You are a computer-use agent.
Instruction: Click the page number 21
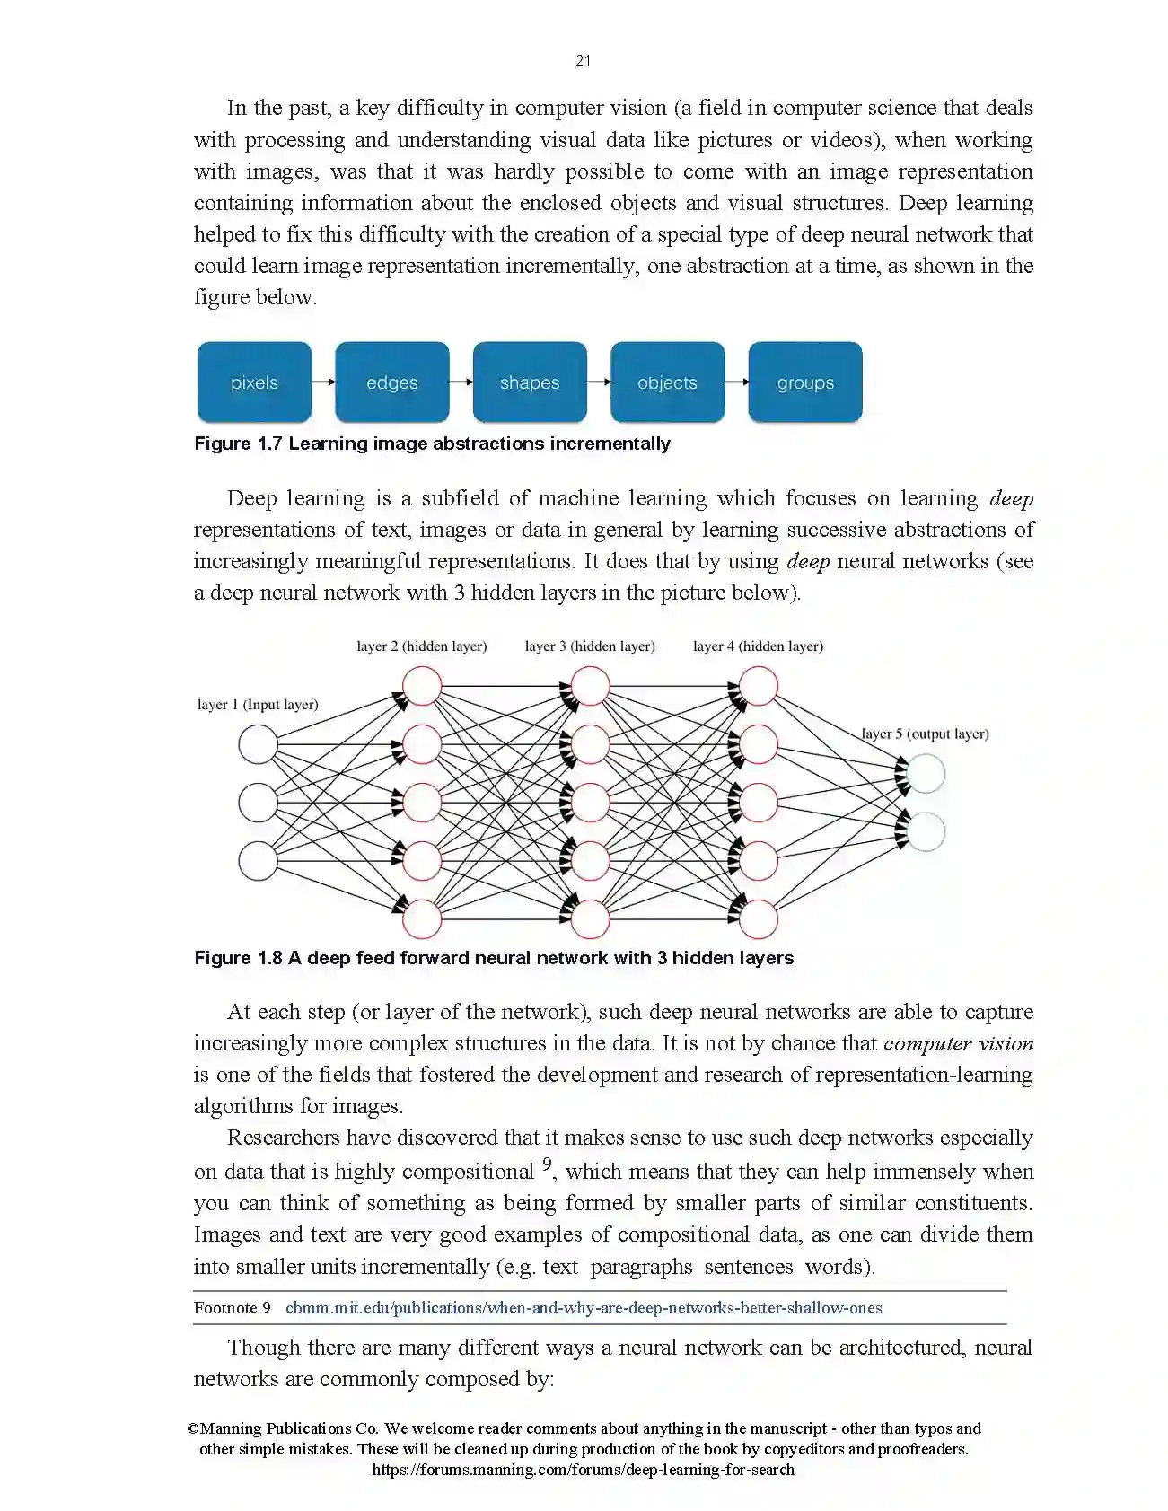(x=584, y=60)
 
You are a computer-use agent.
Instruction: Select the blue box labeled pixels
(x=254, y=382)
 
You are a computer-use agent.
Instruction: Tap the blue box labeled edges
(x=392, y=382)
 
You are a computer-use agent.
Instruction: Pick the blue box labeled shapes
(x=530, y=382)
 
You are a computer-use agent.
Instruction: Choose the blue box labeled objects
(x=667, y=382)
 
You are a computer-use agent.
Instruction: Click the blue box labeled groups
(x=805, y=382)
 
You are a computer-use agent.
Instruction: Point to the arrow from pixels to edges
(x=323, y=382)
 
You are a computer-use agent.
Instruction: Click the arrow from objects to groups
(x=736, y=382)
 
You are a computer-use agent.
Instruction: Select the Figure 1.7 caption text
(x=432, y=444)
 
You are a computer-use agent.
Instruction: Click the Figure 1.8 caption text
(x=494, y=958)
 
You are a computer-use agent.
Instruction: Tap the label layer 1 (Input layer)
(x=258, y=705)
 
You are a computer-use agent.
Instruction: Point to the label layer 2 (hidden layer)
(x=421, y=646)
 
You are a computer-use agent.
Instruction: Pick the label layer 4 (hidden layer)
(x=758, y=646)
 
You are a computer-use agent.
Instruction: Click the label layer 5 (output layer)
(x=925, y=734)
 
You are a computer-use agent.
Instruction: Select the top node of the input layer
(x=258, y=745)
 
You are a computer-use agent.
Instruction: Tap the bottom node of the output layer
(x=926, y=832)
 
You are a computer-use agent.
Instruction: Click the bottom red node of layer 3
(x=590, y=919)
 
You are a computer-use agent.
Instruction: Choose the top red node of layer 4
(x=759, y=686)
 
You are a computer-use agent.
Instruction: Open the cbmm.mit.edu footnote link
(x=584, y=1308)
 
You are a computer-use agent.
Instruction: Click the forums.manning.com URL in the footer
(x=584, y=1470)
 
